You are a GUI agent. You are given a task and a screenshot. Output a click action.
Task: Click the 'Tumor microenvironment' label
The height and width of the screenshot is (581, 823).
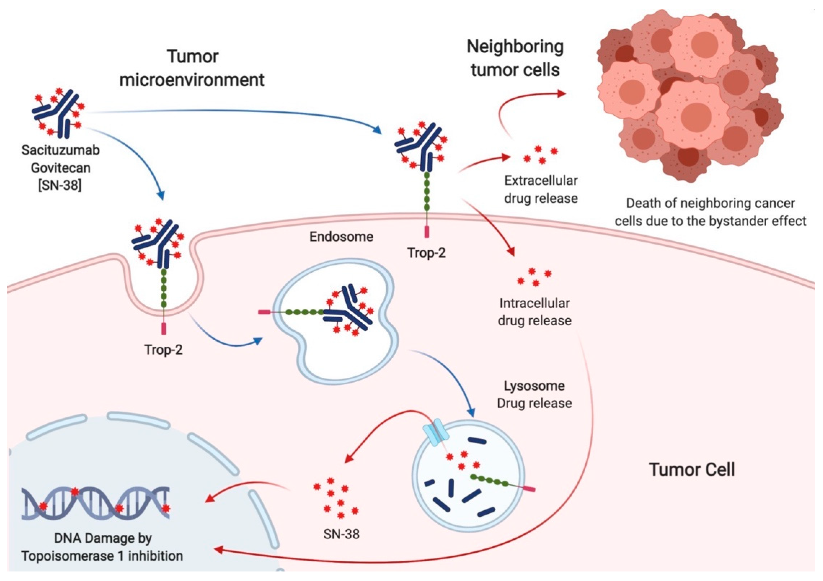[192, 68]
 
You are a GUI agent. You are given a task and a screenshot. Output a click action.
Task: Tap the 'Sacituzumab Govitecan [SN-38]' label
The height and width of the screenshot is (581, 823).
[60, 168]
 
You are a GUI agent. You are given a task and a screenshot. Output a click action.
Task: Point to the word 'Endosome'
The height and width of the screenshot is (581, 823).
[341, 237]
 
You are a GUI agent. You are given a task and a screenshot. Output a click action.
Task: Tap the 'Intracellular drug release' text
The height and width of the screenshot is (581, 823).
[535, 312]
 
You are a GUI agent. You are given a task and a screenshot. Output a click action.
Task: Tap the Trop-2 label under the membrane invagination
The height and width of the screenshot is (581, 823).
[164, 350]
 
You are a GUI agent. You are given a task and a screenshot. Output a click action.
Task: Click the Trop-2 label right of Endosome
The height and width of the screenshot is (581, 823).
[427, 253]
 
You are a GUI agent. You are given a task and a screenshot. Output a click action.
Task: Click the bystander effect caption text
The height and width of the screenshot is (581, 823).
[711, 212]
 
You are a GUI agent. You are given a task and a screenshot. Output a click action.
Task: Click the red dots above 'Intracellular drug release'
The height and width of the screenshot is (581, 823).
[534, 277]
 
